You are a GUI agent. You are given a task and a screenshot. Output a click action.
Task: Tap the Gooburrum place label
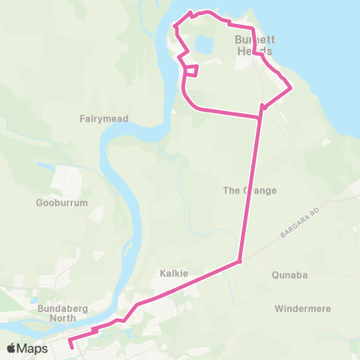62,203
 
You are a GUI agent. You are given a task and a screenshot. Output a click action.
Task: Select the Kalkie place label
173,274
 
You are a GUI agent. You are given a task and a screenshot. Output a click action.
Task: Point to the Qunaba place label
290,275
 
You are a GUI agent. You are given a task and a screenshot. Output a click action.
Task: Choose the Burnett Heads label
253,45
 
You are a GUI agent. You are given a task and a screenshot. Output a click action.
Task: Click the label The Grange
250,190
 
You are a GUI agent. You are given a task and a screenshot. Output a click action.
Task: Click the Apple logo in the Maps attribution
11,348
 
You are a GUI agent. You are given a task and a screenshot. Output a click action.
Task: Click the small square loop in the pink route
191,71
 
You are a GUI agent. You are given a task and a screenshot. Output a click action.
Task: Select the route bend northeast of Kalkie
239,262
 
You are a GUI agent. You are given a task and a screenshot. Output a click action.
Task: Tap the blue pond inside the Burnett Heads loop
202,44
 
